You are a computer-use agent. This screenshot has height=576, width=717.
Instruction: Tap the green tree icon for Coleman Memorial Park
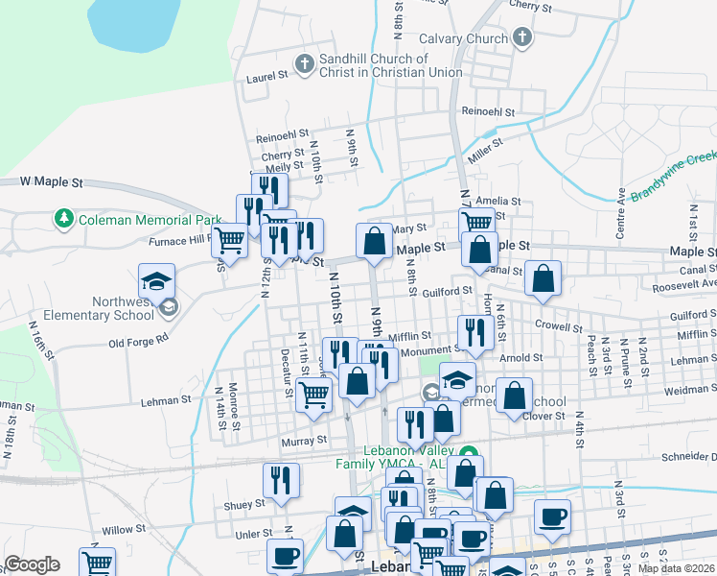pos(64,219)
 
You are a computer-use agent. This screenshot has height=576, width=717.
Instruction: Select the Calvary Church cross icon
pos(521,38)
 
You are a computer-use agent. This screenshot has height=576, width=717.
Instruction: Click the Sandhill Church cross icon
pos(305,64)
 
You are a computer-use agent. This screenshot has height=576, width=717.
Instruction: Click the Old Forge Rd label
pos(138,340)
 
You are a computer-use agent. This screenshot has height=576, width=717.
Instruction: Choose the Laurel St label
pos(267,76)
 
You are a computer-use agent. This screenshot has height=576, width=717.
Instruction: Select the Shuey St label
pos(245,504)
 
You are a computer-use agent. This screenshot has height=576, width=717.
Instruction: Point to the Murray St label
pos(304,441)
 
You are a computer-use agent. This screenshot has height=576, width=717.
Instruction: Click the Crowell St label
pos(559,326)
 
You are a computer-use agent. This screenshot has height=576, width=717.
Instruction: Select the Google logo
pos(33,564)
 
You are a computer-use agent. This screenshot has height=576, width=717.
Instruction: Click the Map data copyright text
pos(676,568)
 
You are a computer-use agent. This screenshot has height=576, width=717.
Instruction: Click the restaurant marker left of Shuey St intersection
pos(281,481)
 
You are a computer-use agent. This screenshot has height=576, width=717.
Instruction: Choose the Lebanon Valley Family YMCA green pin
pos(468,454)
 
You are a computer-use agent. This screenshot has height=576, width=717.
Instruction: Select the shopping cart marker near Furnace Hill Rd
pos(230,240)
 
